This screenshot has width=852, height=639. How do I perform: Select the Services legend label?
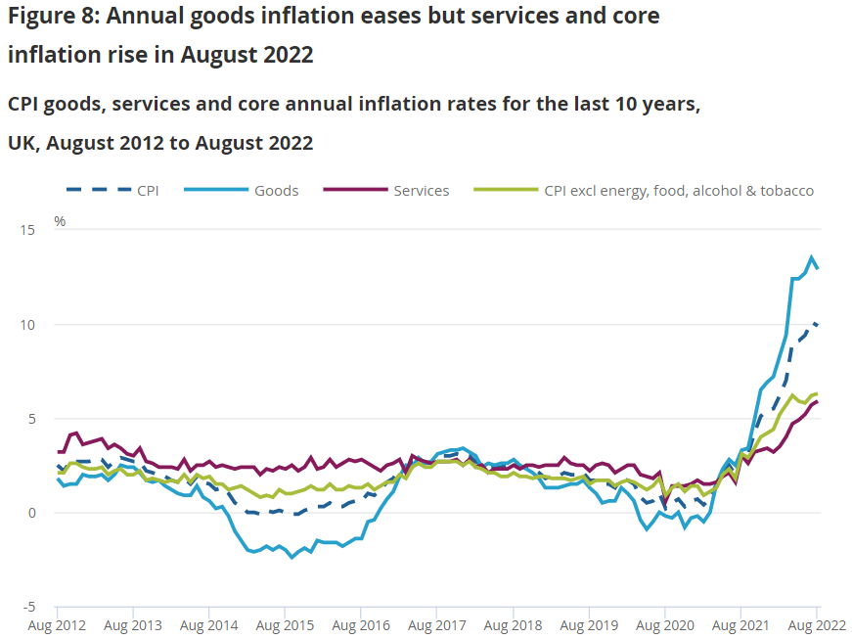422,191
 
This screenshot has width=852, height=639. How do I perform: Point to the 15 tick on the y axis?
25,230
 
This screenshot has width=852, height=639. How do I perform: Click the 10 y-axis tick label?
25,324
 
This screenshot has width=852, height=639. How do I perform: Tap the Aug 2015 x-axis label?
284,624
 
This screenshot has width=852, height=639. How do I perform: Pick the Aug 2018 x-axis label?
513,624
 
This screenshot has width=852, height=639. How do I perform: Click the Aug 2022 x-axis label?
816,624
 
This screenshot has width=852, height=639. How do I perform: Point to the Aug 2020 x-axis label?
664,624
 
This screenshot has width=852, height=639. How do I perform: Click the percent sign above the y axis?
60,221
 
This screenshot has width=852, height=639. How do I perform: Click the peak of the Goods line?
811,257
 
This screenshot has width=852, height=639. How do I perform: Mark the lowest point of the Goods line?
291,557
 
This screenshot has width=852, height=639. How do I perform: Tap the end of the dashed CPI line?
818,324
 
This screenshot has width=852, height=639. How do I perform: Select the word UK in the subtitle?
21,143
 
